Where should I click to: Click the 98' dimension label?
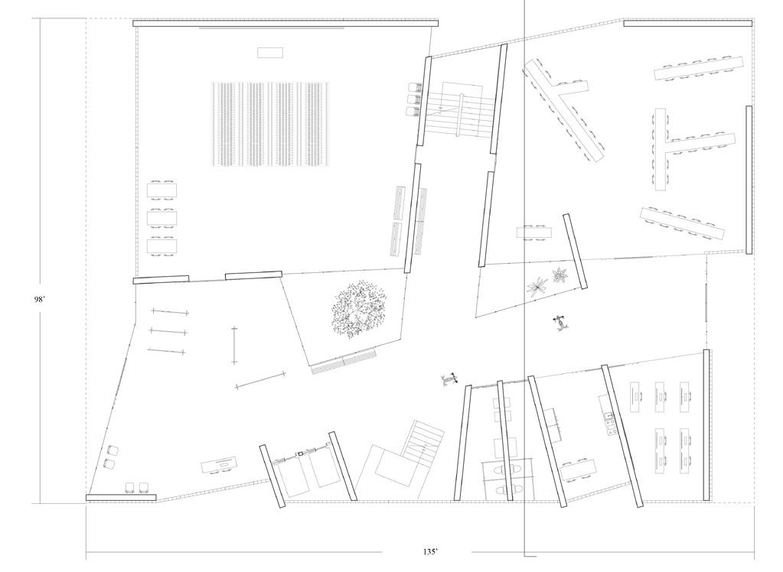(x=40, y=300)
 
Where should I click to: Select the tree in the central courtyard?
(x=358, y=310)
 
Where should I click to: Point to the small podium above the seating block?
(x=269, y=52)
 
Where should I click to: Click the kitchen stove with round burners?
(x=611, y=423)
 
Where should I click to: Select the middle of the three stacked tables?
(x=162, y=217)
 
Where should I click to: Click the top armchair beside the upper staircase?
(x=415, y=88)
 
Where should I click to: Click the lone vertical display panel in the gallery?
(x=234, y=344)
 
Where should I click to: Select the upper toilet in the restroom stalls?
(x=502, y=467)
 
